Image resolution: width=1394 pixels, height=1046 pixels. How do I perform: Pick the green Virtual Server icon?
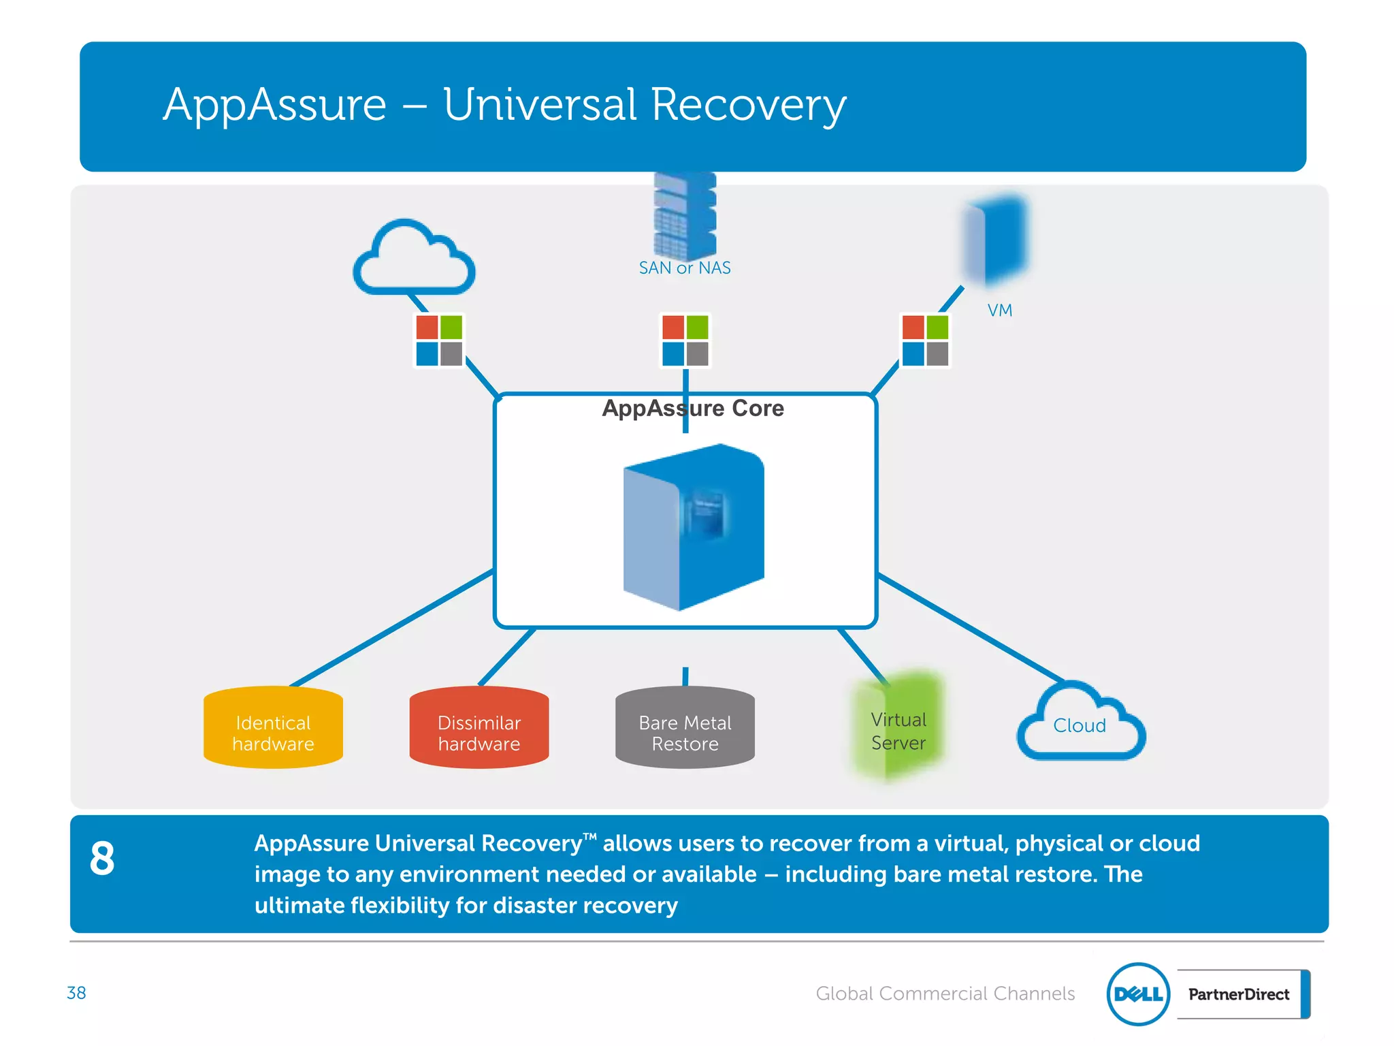(x=897, y=727)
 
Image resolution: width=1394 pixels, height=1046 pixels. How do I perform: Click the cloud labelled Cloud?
(x=1080, y=725)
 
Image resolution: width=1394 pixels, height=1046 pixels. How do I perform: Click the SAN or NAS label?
(x=684, y=268)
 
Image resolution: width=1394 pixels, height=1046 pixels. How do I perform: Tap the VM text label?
(x=999, y=311)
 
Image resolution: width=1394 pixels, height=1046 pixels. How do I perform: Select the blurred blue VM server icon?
(x=995, y=238)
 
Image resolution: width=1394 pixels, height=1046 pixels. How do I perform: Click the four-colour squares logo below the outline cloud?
(x=439, y=340)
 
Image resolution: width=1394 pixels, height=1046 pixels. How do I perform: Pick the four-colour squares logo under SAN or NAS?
(x=685, y=340)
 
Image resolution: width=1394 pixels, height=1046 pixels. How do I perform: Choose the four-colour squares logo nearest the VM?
(x=925, y=340)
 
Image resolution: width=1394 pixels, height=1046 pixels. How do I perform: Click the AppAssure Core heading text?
(x=693, y=408)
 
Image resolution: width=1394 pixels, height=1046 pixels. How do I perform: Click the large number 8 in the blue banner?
(x=102, y=858)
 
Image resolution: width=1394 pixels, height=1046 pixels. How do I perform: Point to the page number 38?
(x=76, y=993)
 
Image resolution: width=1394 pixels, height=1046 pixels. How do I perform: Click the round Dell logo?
(x=1138, y=994)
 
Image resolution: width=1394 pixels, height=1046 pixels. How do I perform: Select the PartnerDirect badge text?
(x=1238, y=994)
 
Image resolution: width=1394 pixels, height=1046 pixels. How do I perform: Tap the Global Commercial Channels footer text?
(x=945, y=994)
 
